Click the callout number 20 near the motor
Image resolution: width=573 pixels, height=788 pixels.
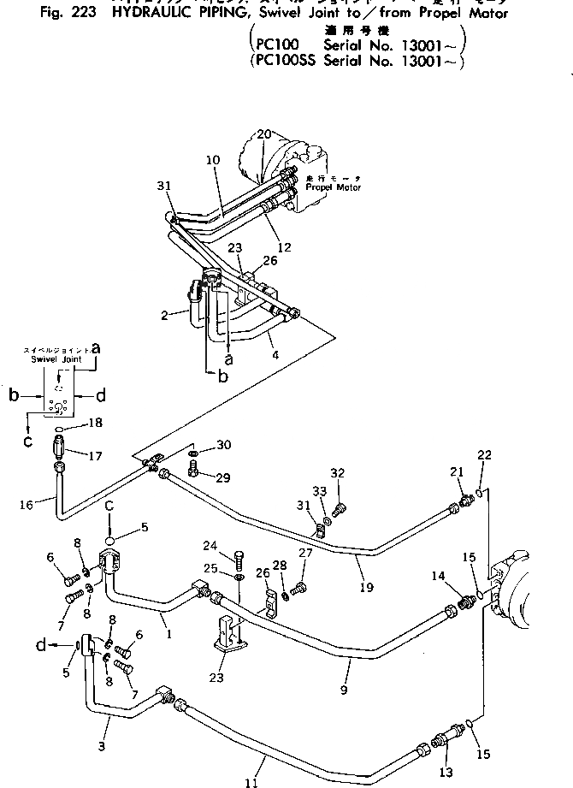[263, 133]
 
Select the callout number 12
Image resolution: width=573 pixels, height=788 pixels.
[285, 247]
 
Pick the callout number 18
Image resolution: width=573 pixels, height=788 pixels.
[94, 423]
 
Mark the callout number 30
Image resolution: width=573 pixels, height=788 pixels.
[223, 445]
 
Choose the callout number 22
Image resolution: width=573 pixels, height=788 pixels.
[484, 454]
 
